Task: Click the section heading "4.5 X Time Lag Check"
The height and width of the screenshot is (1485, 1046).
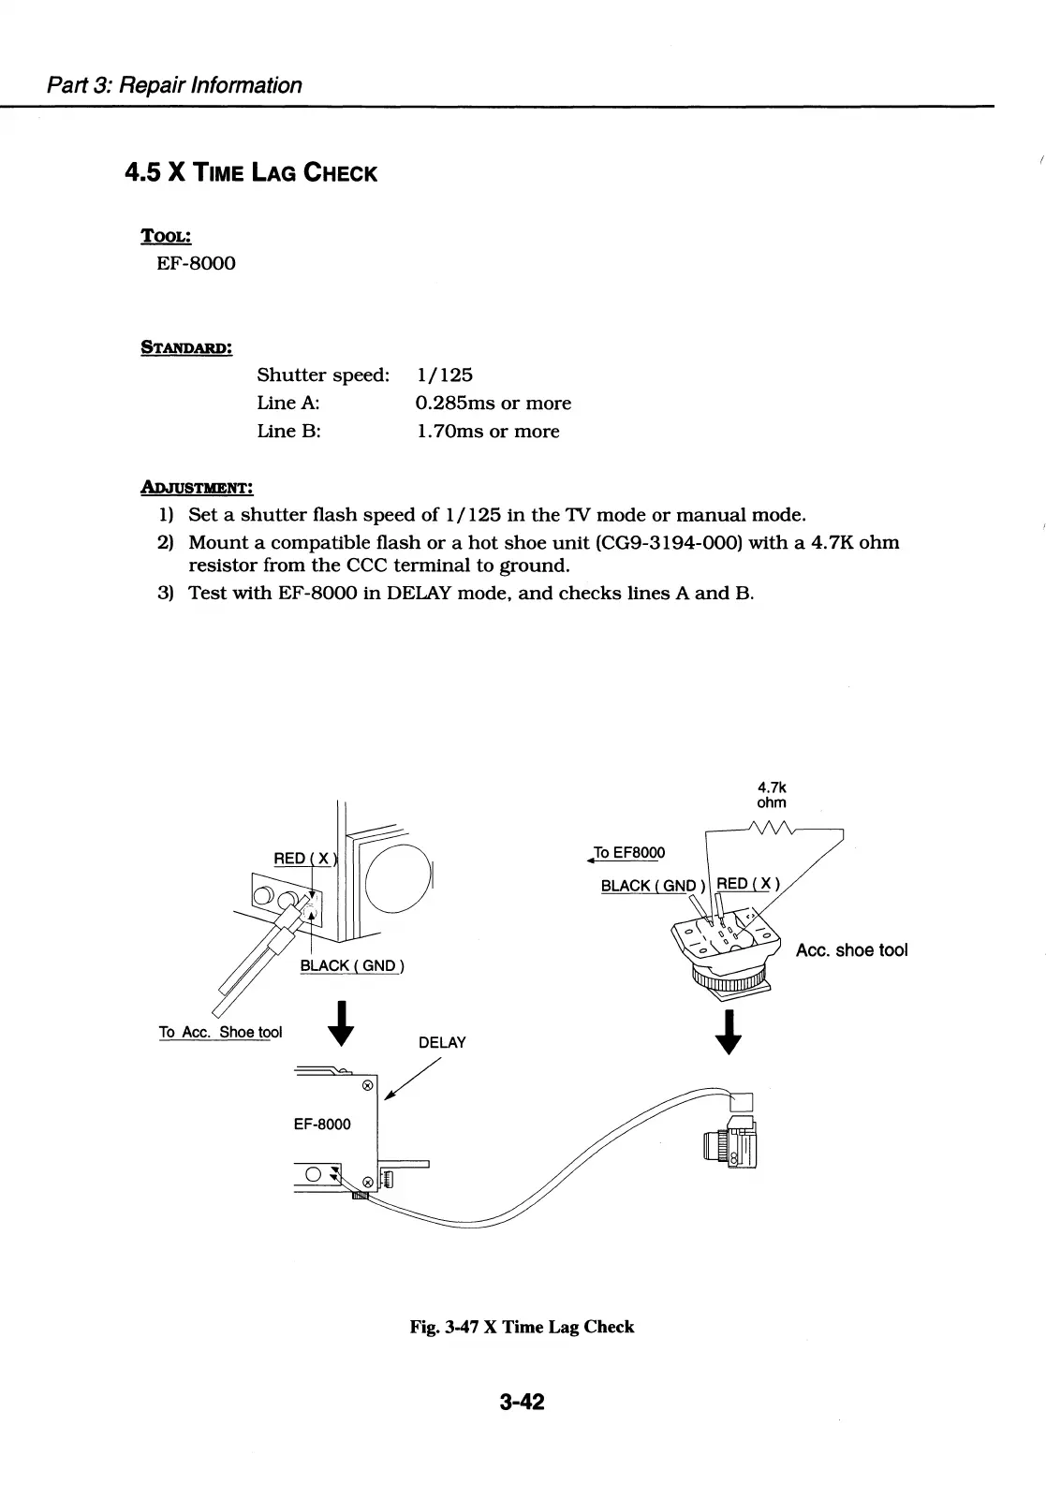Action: (251, 173)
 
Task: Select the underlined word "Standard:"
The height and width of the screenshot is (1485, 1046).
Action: (186, 347)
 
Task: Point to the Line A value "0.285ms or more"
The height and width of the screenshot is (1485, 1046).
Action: (493, 404)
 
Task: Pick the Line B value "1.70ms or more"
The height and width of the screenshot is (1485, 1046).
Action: (487, 432)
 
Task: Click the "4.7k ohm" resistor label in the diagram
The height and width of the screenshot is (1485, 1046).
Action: (772, 795)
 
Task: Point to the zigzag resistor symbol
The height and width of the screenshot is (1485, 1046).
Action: (771, 827)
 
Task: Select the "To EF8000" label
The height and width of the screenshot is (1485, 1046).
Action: (628, 853)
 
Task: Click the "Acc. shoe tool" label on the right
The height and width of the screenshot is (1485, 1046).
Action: (851, 950)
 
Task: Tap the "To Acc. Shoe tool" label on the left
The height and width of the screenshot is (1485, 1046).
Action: (220, 1032)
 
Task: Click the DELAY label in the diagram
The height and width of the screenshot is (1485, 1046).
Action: (442, 1043)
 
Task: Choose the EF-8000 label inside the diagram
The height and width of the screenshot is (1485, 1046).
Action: (322, 1124)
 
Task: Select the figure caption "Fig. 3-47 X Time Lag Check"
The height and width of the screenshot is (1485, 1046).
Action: (522, 1327)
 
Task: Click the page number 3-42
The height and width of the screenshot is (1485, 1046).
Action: (523, 1402)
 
